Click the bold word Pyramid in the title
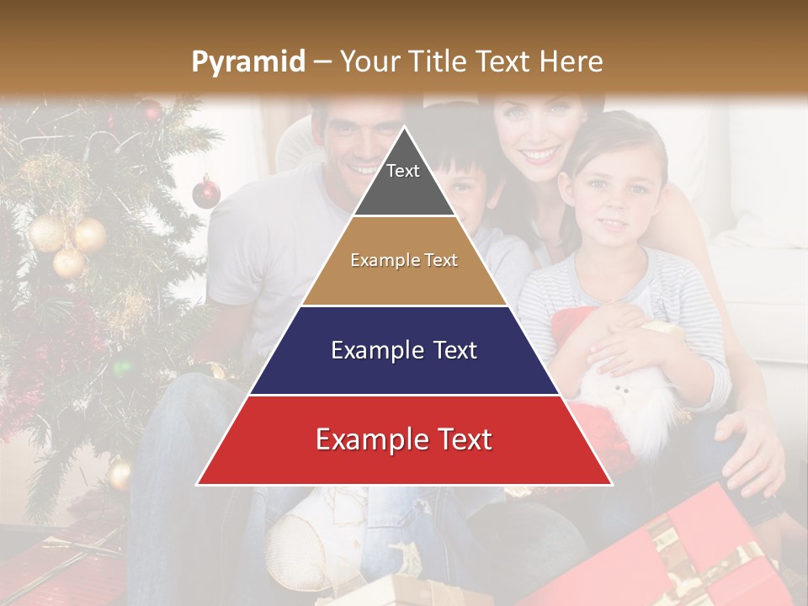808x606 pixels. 247,61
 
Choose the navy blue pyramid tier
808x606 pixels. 404,350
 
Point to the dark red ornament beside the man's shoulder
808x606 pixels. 206,193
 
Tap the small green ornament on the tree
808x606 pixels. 124,368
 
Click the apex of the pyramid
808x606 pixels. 405,129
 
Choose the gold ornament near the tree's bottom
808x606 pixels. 120,474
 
